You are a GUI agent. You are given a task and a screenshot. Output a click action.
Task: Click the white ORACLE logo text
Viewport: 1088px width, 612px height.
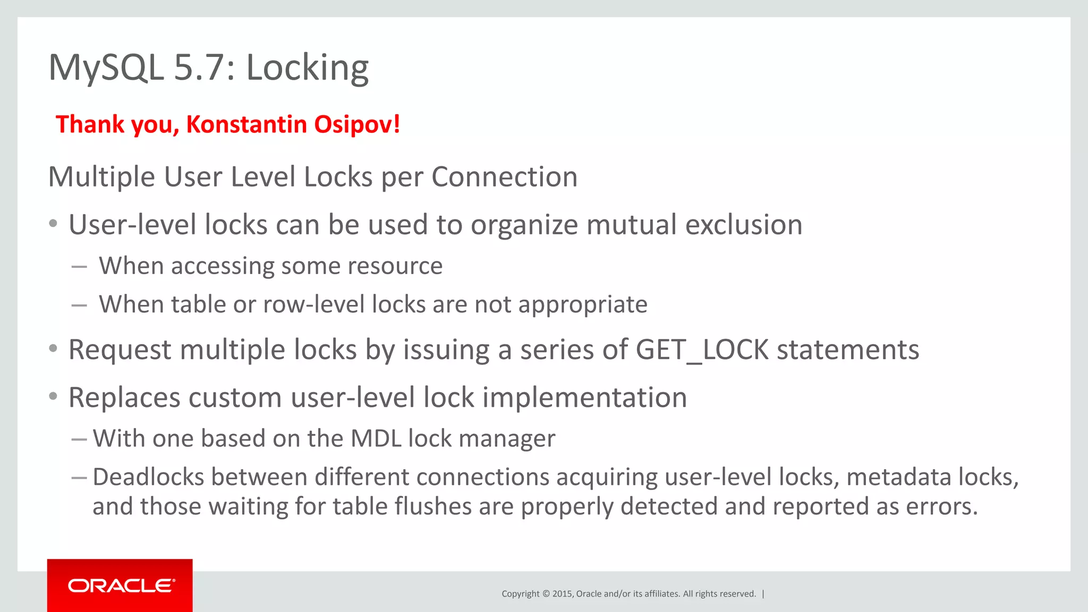point(121,585)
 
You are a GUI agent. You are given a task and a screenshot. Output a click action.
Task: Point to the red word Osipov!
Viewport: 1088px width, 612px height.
point(357,125)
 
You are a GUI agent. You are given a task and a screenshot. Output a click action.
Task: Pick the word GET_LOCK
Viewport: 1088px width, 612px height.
point(702,350)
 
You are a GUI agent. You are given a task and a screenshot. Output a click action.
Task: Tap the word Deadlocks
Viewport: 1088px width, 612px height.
point(148,477)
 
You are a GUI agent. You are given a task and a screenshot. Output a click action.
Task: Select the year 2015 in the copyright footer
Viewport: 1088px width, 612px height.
point(562,594)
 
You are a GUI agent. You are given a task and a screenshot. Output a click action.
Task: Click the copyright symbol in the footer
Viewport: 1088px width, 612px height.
point(546,594)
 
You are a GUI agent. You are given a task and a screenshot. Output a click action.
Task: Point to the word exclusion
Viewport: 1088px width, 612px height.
point(743,225)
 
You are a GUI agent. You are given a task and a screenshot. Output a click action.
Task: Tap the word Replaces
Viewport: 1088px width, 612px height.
point(124,398)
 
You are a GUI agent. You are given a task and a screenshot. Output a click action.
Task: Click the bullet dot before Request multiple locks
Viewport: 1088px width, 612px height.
point(53,349)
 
